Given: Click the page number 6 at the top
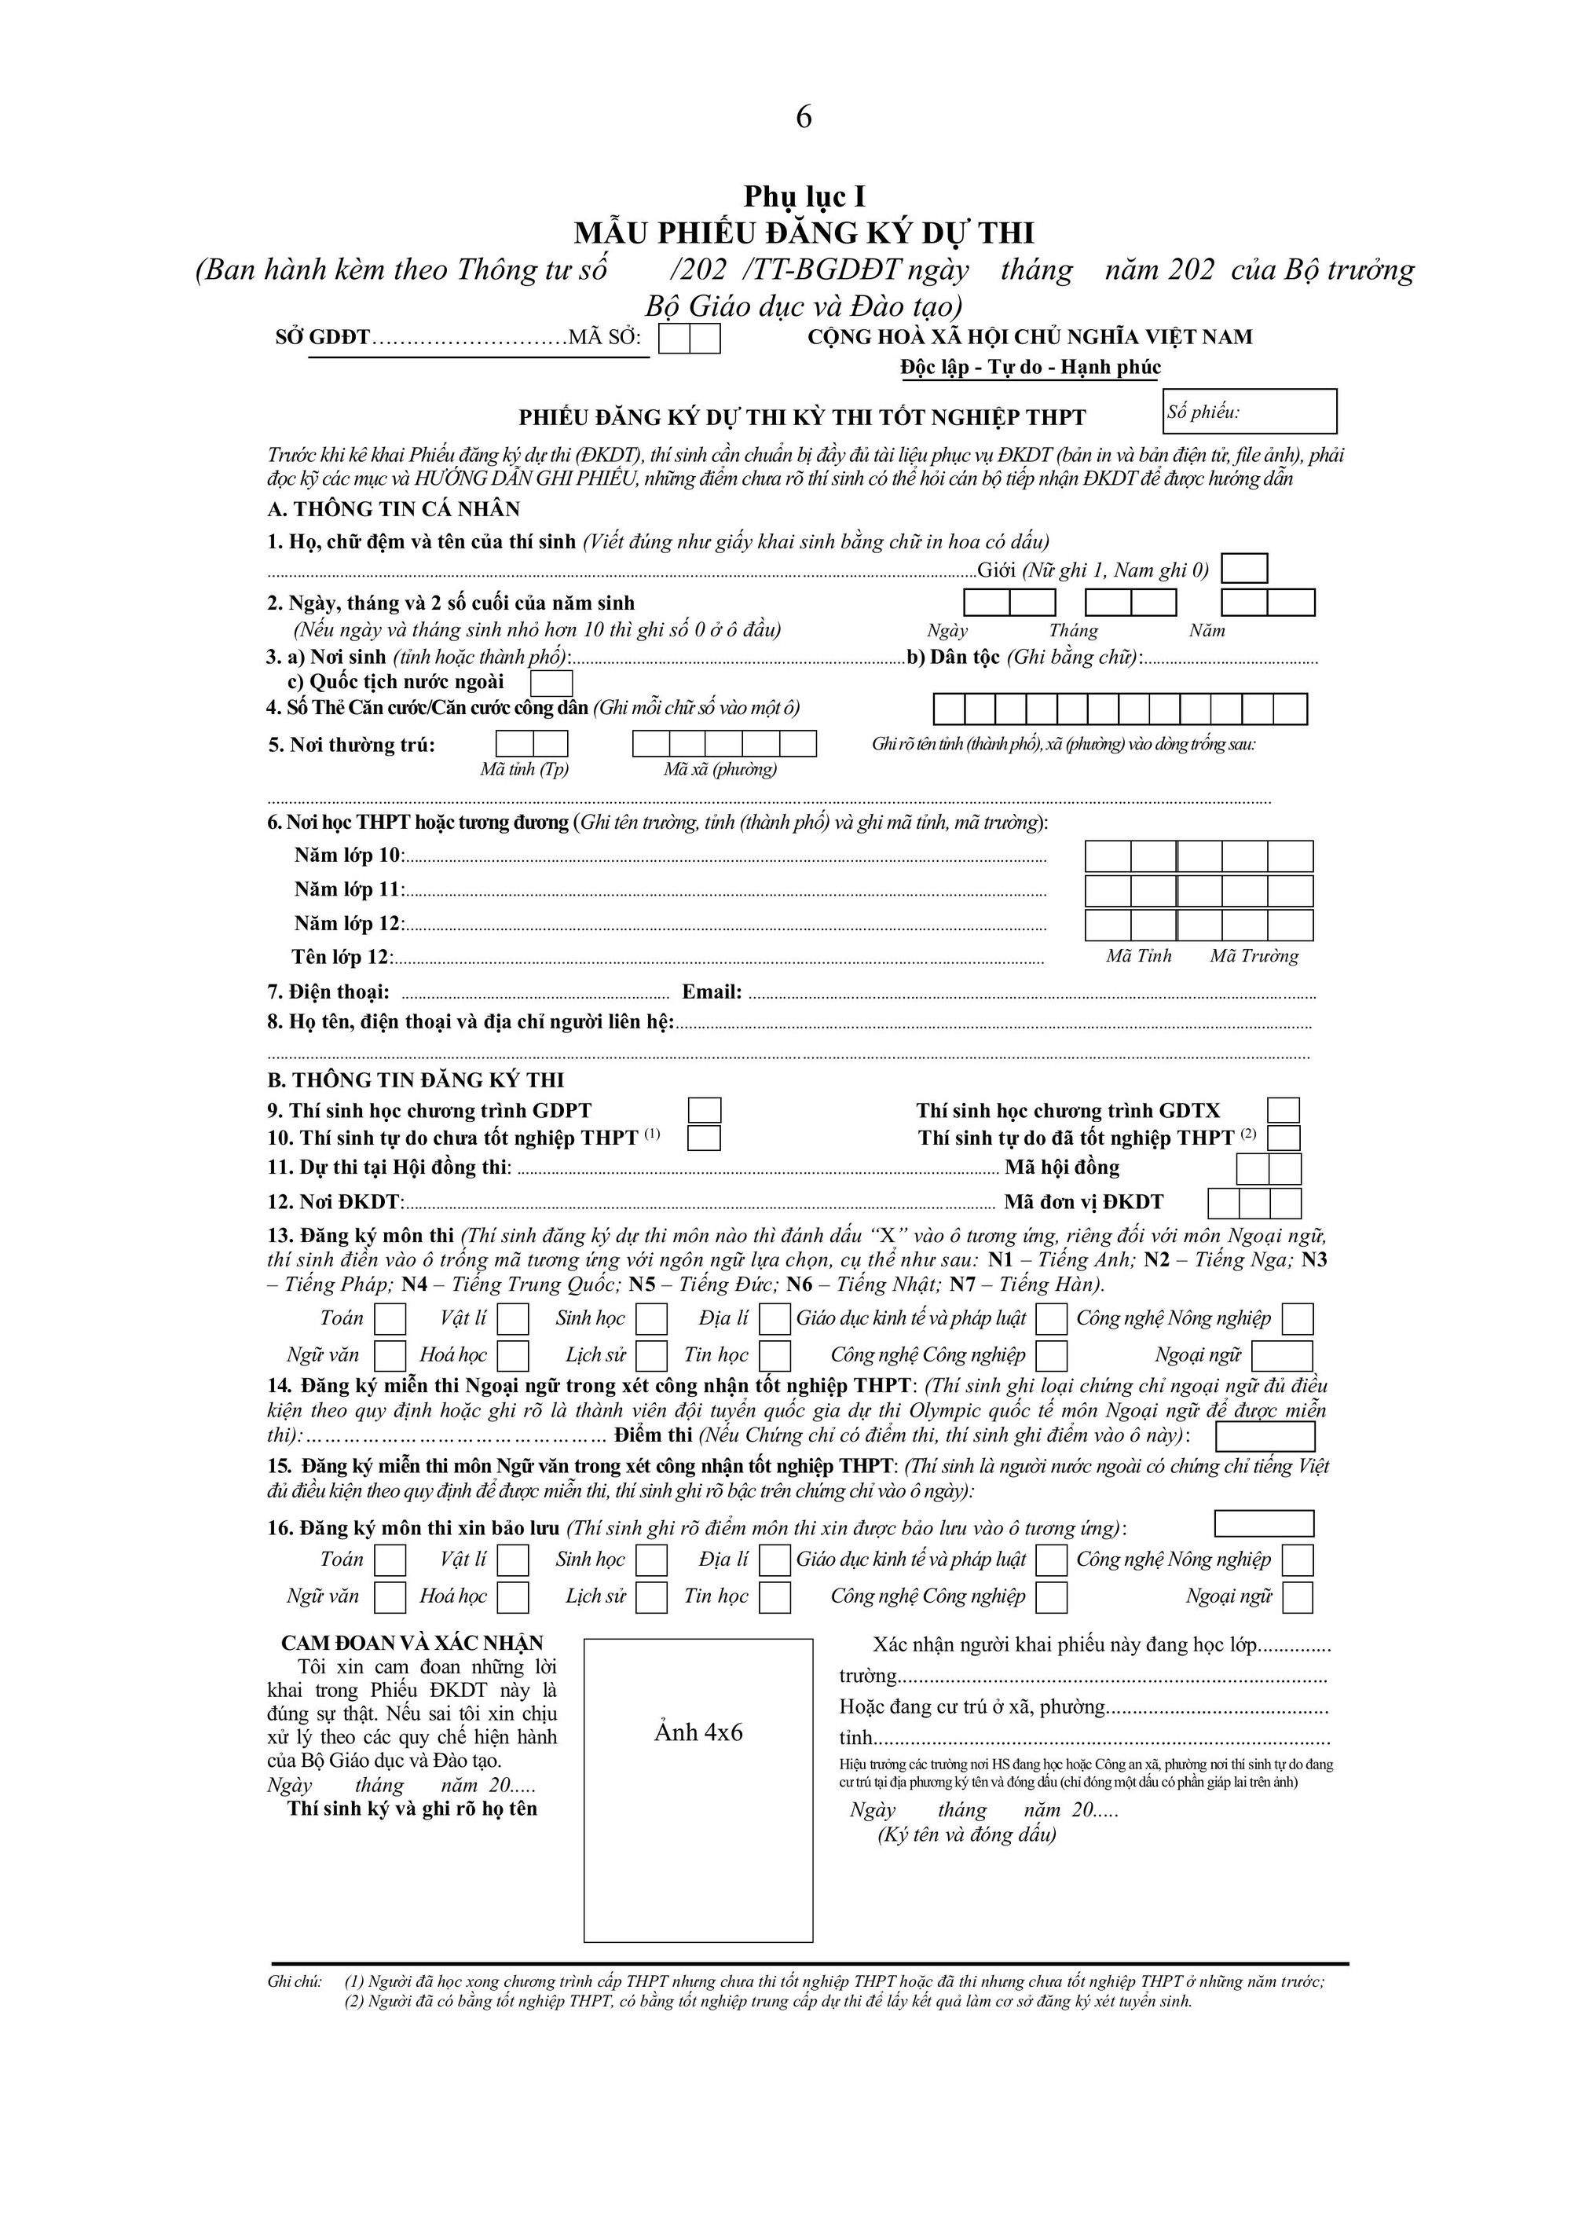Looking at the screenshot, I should (804, 118).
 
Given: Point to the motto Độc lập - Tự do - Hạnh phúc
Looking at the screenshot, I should (1031, 368).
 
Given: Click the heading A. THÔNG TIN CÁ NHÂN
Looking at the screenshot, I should (394, 509).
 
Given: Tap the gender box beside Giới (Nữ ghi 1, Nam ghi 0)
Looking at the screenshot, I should (1245, 569).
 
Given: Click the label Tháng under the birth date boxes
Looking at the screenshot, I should (1074, 631).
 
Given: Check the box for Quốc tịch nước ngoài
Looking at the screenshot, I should (551, 683).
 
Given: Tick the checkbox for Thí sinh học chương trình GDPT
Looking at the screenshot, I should (705, 1111).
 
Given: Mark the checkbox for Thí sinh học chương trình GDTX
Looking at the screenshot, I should (1284, 1111).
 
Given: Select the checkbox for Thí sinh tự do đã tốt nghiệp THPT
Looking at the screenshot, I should (1284, 1138).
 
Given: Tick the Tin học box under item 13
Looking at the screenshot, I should (775, 1355).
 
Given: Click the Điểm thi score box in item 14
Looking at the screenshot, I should (1265, 1436).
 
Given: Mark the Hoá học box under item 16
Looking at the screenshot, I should (513, 1597).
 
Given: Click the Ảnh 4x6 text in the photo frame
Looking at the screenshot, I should (698, 1732).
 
